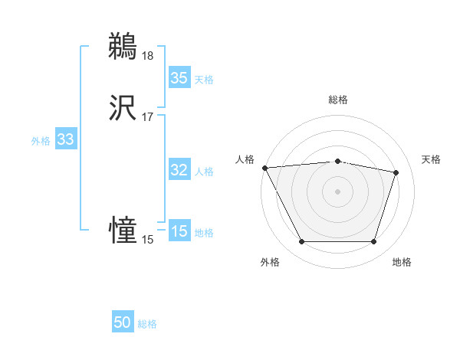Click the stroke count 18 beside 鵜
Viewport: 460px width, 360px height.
(147, 55)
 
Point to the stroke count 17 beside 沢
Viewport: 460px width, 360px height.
(147, 117)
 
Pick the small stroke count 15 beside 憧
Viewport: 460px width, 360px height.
(147, 240)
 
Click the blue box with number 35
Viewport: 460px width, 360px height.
(179, 78)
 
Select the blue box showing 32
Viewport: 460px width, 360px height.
(179, 171)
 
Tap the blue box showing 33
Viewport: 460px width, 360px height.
(65, 140)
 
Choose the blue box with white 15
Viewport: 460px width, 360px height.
(179, 232)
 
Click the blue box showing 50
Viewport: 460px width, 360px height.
(123, 323)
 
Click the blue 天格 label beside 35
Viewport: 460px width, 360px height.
(203, 80)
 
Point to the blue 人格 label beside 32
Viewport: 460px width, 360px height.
(203, 172)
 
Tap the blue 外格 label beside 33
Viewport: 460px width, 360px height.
(41, 141)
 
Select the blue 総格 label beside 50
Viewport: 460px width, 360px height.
(147, 324)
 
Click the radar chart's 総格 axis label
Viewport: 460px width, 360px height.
(337, 100)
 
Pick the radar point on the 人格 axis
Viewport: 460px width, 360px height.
(264, 168)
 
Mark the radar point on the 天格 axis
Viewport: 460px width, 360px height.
(396, 172)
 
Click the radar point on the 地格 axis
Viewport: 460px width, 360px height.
(373, 242)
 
